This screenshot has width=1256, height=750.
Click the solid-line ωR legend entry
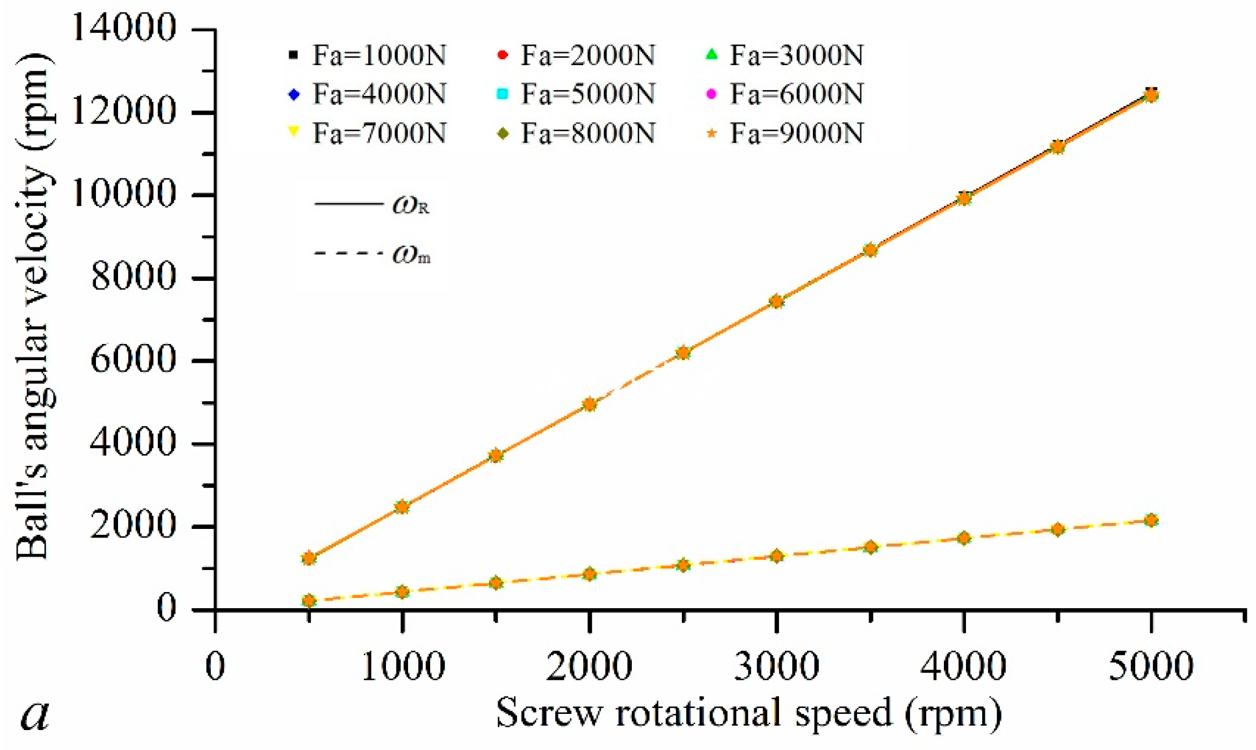[x=372, y=204]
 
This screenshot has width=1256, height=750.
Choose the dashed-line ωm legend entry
[x=372, y=253]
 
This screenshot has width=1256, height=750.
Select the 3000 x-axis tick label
[x=776, y=666]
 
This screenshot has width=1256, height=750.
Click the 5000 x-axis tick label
[x=1150, y=666]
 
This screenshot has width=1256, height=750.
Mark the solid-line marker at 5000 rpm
[x=1150, y=95]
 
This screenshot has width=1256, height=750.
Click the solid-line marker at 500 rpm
[x=309, y=558]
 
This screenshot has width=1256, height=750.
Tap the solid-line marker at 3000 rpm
[x=776, y=301]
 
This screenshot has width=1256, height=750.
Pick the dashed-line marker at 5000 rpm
[x=1150, y=520]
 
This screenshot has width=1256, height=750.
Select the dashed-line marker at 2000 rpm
[x=590, y=574]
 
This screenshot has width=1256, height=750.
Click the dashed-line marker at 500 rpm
[x=309, y=601]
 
